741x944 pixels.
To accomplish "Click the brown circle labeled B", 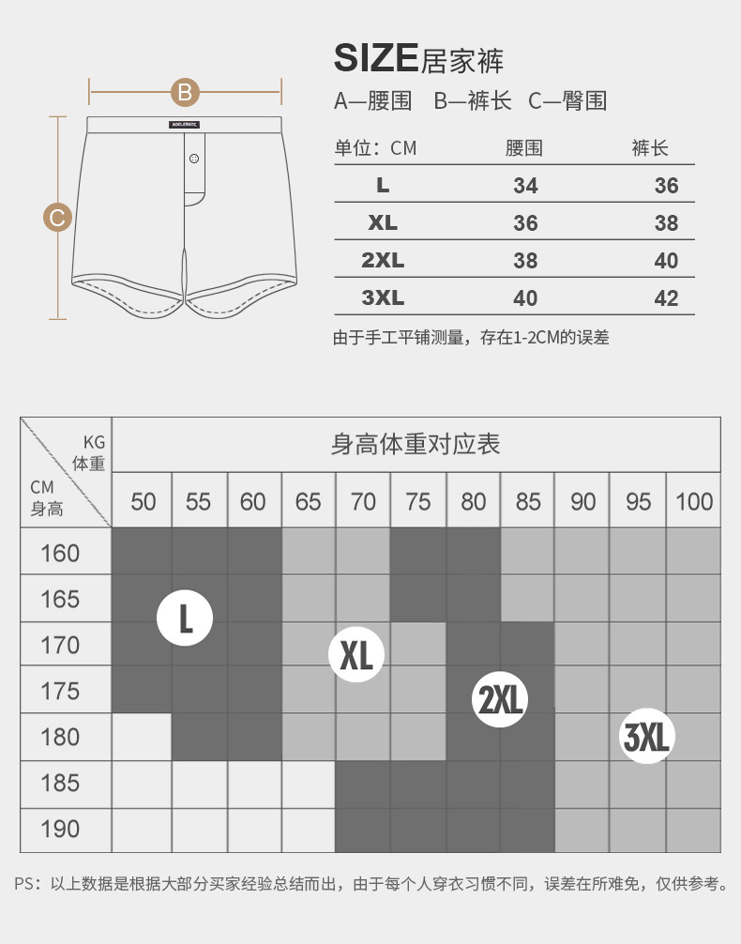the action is tap(186, 92).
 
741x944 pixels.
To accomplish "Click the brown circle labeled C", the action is tap(58, 219).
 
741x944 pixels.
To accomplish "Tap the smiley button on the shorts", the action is tap(194, 159).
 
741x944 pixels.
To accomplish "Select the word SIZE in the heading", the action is tap(375, 58).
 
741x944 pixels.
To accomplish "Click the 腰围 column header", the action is tap(524, 148).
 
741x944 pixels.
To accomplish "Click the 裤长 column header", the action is tap(650, 148).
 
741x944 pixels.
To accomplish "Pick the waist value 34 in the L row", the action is tap(525, 186).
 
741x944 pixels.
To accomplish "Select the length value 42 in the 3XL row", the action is tap(666, 298).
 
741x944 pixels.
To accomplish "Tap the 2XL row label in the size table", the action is tap(383, 261).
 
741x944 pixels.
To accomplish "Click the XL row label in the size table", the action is tap(383, 223).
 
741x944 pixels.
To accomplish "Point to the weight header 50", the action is tap(144, 502).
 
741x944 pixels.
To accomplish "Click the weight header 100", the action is tap(694, 502).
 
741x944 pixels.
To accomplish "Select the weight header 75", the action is tap(418, 502).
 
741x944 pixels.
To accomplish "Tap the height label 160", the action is tap(61, 553).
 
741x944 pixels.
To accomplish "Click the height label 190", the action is tap(61, 830).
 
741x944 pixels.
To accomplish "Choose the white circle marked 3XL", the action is tap(647, 737).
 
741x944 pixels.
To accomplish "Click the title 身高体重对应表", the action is tap(416, 444).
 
